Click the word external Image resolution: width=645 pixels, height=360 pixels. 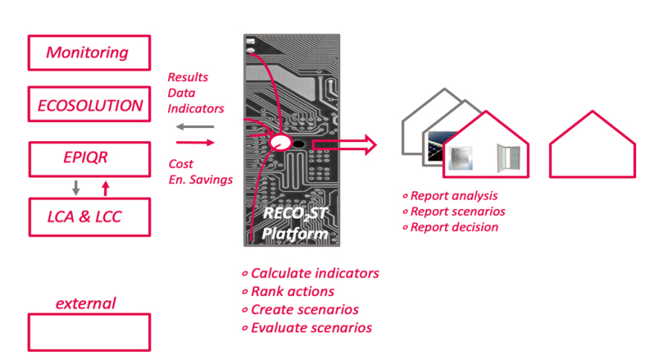86,303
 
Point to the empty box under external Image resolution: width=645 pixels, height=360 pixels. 89,332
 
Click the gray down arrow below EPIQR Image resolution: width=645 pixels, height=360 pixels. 74,187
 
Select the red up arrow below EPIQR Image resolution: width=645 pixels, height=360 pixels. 104,187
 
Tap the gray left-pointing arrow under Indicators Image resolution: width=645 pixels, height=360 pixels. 195,126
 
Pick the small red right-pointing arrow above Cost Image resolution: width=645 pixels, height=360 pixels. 195,141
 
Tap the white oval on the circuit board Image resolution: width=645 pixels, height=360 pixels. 281,142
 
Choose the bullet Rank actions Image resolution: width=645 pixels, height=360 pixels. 292,292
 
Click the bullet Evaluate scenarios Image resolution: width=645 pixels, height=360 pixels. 310,327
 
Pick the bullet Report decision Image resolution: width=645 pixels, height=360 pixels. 453,227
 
